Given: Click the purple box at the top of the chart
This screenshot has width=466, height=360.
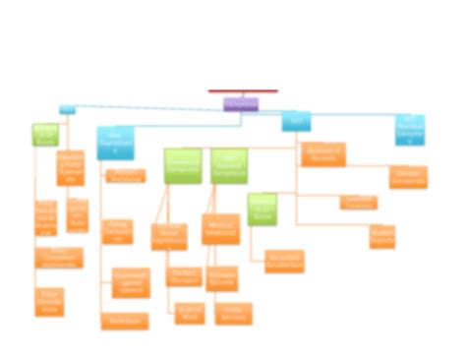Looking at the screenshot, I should pyautogui.click(x=241, y=103).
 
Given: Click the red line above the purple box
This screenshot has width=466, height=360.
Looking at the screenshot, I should pyautogui.click(x=243, y=91).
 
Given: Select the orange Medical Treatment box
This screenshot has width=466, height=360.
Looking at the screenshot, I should pyautogui.click(x=220, y=229).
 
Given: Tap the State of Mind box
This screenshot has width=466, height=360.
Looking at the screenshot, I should pyautogui.click(x=190, y=314).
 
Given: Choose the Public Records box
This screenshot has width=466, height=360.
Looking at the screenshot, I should pyautogui.click(x=234, y=314).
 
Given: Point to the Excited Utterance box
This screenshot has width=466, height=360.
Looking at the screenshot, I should pyautogui.click(x=184, y=277).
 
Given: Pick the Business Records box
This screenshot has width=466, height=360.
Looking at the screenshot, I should pyautogui.click(x=222, y=277).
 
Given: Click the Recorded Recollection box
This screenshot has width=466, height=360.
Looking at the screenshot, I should pyautogui.click(x=284, y=261).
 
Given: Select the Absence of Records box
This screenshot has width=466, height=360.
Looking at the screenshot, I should pyautogui.click(x=322, y=153).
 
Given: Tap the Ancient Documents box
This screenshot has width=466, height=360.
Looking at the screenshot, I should pyautogui.click(x=408, y=177).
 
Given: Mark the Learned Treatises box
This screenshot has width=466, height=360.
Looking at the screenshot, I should pyautogui.click(x=359, y=202).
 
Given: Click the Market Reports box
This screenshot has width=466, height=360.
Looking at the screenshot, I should pyautogui.click(x=382, y=236).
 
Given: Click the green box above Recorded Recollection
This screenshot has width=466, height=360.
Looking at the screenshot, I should pyautogui.click(x=262, y=210).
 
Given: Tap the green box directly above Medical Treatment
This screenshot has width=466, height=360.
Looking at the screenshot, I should pyautogui.click(x=229, y=165).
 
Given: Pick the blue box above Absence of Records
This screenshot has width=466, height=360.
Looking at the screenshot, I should pyautogui.click(x=296, y=121).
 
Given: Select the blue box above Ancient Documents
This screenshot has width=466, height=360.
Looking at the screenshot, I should pyautogui.click(x=410, y=129).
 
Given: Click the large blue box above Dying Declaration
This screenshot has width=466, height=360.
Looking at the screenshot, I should pyautogui.click(x=115, y=143).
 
